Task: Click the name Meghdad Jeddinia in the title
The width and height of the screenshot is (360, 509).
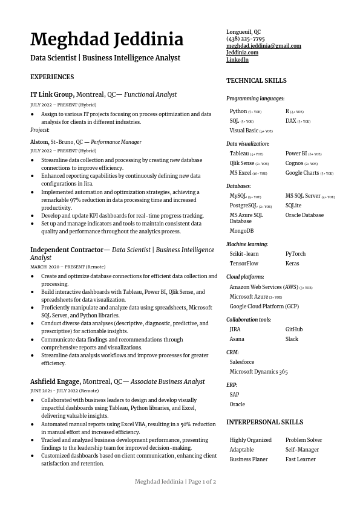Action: [x=106, y=40]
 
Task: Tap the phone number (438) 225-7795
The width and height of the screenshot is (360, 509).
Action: [x=245, y=39]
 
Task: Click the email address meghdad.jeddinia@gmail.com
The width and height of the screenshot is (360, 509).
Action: [x=263, y=46]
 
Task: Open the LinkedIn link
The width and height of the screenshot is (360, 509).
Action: [x=237, y=60]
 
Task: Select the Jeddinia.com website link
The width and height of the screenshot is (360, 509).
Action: [x=242, y=53]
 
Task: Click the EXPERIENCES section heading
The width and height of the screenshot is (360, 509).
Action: [x=52, y=77]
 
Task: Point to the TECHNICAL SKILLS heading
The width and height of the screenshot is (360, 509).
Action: [x=256, y=81]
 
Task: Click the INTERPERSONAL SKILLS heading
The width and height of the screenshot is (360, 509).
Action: [x=264, y=422]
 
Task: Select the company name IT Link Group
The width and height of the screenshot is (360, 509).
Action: [x=51, y=95]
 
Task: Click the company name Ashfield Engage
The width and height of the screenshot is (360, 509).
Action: [x=55, y=382]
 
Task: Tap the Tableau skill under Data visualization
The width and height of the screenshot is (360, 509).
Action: [x=239, y=154]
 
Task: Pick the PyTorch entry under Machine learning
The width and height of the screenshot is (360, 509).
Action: [x=295, y=254]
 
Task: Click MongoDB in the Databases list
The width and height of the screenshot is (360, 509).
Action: [x=241, y=231]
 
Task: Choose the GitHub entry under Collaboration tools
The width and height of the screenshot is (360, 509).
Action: [x=294, y=329]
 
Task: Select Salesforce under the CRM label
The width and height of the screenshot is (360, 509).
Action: [x=241, y=362]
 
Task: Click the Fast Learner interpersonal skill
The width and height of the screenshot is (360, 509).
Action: [x=300, y=459]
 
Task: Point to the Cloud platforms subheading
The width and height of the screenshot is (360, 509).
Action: [x=245, y=277]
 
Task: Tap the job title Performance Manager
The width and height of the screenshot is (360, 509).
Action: [x=116, y=142]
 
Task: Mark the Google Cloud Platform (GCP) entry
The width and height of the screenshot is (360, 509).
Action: [x=264, y=306]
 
